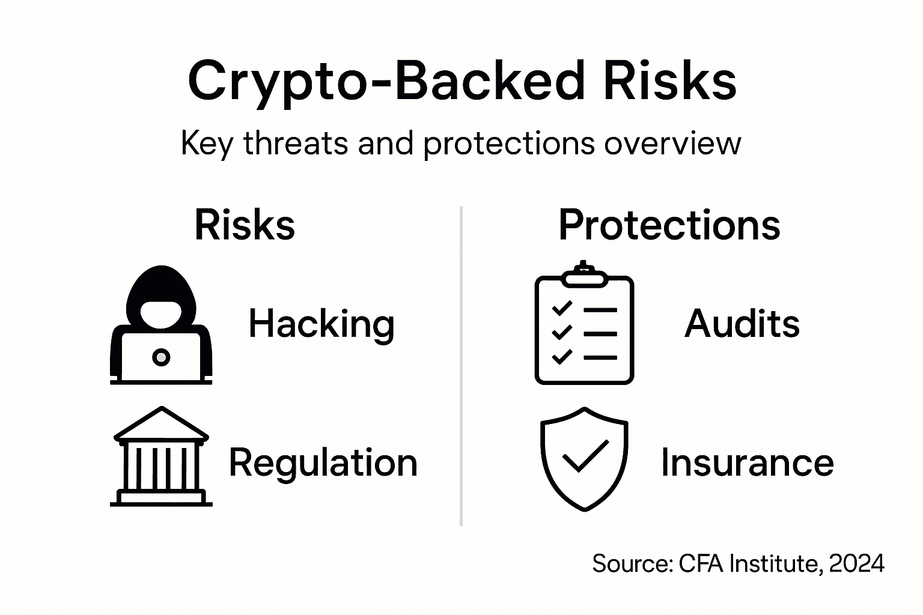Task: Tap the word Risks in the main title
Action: pos(669,81)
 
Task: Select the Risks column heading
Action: pos(245,225)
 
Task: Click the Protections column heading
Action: pos(669,225)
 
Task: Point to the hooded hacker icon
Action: pos(161,324)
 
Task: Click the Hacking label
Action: pos(321,324)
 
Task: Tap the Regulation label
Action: pos(323,462)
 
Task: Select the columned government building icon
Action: pos(161,456)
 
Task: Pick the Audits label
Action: pos(742,324)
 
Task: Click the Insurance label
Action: pos(747,462)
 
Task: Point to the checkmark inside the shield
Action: pos(584,455)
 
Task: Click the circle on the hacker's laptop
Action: pos(160,357)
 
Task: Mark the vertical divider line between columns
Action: pos(461,366)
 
